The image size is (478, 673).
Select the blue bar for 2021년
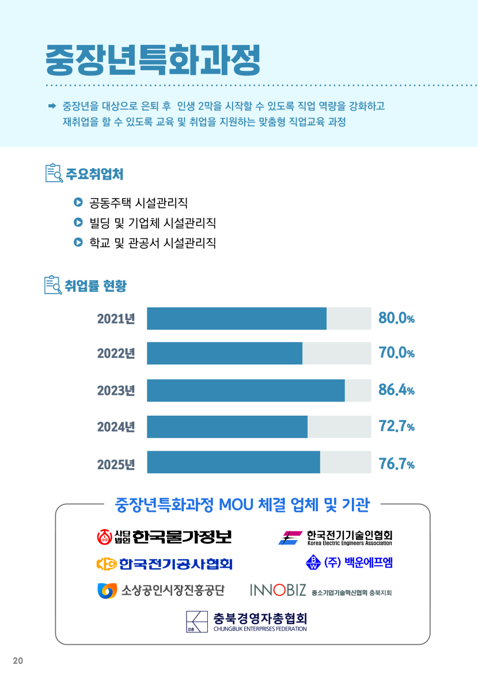(x=237, y=318)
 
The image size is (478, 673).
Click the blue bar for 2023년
(x=246, y=390)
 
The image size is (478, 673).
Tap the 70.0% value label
(x=396, y=353)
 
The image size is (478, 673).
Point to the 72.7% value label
(x=396, y=427)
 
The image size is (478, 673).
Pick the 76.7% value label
(x=396, y=464)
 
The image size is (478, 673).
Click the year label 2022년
(x=116, y=353)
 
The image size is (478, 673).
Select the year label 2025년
(x=116, y=465)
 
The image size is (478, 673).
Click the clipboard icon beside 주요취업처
(x=54, y=173)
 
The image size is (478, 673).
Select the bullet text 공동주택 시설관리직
(x=138, y=203)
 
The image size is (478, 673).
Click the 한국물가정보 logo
(x=164, y=537)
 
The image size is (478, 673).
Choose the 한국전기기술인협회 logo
(x=335, y=538)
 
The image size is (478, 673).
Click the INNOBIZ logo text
(x=278, y=590)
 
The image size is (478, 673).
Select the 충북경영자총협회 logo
(x=246, y=622)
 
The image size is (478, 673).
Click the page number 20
(x=18, y=660)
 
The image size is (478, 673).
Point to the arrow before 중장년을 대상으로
(x=51, y=106)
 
